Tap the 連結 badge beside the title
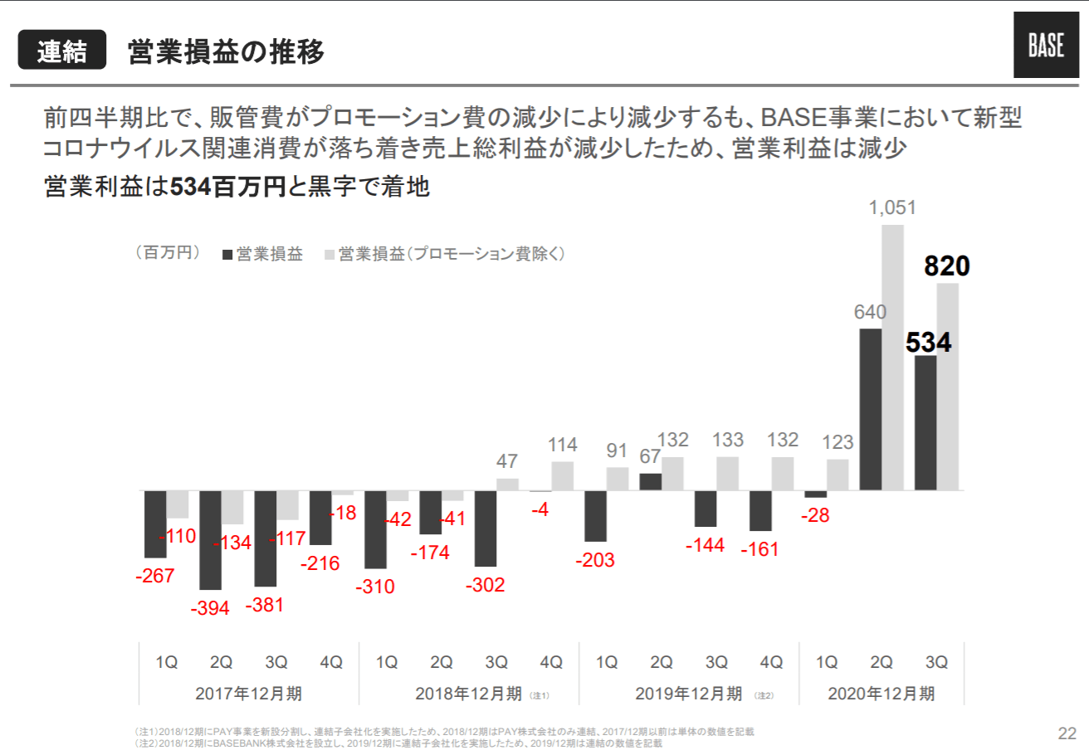click(62, 51)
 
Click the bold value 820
click(947, 266)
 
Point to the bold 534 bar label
click(928, 342)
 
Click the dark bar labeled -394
click(210, 539)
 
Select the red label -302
click(486, 586)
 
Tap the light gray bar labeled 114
click(563, 476)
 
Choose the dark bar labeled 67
click(651, 482)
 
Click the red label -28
click(815, 515)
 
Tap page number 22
click(1067, 733)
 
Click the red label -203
click(595, 560)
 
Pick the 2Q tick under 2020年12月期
click(881, 662)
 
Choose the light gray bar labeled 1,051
click(892, 357)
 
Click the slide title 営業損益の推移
click(225, 51)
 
